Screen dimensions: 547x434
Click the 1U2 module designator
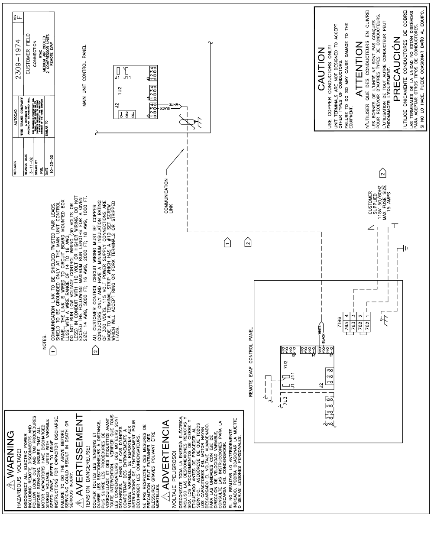pos(125,89)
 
